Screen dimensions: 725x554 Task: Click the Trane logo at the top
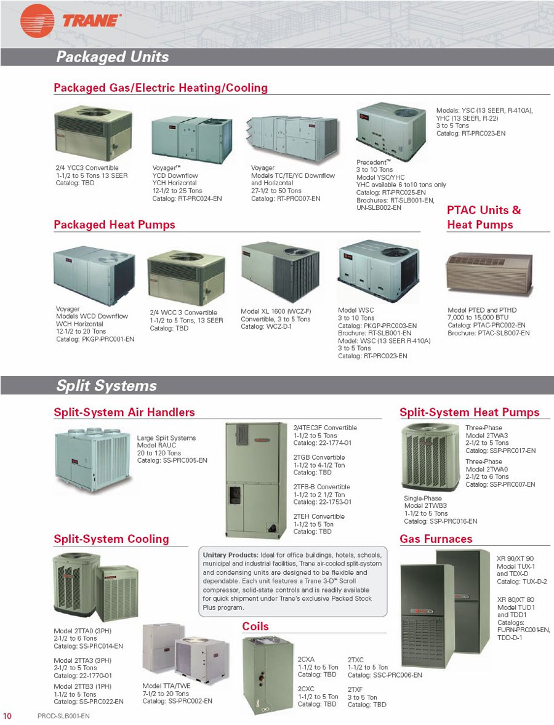71,21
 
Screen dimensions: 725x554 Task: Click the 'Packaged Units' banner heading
112,57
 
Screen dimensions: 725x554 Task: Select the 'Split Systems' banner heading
106,385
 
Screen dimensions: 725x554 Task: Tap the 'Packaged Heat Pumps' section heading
114,225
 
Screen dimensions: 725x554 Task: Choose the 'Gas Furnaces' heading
436,539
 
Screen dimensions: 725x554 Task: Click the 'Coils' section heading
255,627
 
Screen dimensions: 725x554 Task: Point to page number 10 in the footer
8,716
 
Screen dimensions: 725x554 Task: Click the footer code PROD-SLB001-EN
63,716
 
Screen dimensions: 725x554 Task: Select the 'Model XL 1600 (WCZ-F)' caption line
276,311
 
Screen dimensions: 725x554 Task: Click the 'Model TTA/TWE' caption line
166,686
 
